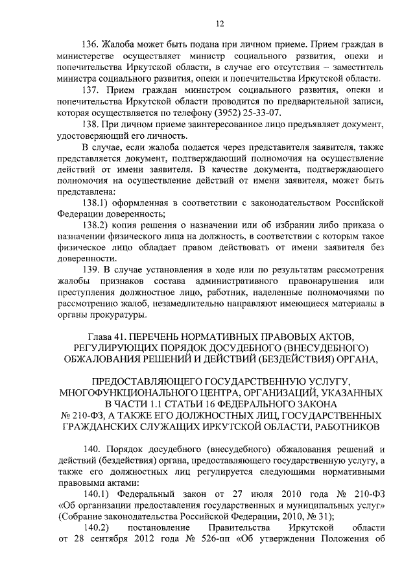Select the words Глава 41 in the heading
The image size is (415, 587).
click(x=108, y=336)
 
